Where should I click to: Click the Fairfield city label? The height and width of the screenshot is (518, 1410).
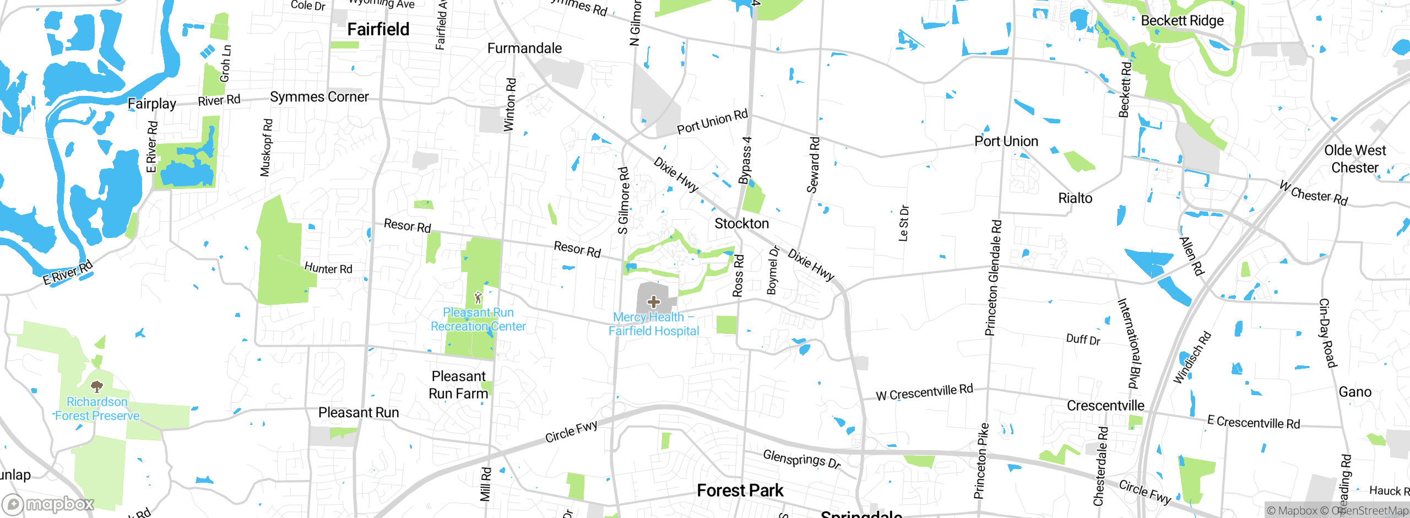point(378,29)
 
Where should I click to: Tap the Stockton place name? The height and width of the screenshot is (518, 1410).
point(741,223)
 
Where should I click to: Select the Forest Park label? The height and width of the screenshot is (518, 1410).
point(740,490)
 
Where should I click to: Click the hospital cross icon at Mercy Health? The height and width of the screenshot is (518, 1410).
point(654,301)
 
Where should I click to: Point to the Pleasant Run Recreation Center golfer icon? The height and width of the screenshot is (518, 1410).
point(478,298)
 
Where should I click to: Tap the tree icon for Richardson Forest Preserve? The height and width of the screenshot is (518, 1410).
point(97,386)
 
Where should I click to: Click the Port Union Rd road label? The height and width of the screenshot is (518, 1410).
point(712,122)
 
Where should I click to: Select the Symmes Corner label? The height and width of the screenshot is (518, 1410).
point(319,97)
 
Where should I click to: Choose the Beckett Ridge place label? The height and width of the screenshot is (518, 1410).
point(1182,21)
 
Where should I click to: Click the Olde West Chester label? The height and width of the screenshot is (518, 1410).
point(1355,159)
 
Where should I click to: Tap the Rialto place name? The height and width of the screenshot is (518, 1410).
point(1075,198)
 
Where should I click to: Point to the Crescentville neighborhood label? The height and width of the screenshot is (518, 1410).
point(1105,406)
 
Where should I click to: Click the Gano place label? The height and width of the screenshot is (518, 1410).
point(1355,392)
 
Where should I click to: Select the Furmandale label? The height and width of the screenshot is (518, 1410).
point(524,48)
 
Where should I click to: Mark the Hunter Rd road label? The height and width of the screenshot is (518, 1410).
point(328,268)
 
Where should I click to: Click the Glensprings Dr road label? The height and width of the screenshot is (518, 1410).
point(801,458)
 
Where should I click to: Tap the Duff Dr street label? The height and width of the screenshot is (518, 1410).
point(1083,339)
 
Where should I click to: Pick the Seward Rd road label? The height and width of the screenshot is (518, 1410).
point(814,165)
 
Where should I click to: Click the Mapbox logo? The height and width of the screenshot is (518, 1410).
point(48,504)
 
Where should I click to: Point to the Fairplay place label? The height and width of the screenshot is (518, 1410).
point(152,104)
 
